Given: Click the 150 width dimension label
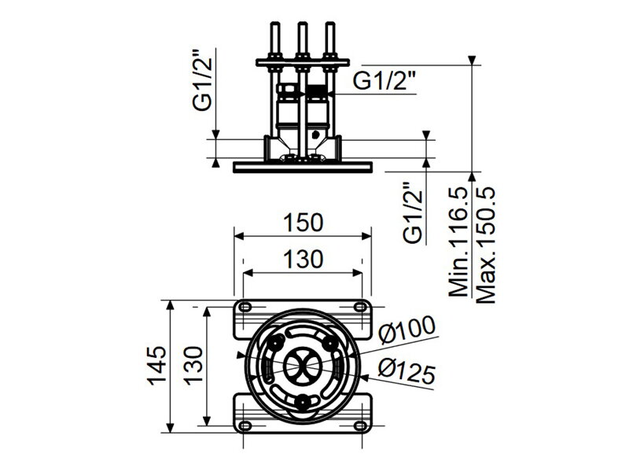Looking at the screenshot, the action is pos(303,223).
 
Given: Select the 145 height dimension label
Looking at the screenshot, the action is pos(156,365).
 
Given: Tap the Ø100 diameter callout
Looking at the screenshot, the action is pos(407,330).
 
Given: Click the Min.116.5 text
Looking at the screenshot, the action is pos(458,242).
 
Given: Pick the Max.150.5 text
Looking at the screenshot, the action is pos(486,245).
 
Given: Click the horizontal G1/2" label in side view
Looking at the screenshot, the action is pos(384,82).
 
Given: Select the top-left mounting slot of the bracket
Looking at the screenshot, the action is pos(245,308).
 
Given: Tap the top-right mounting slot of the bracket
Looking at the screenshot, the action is pos(360,308).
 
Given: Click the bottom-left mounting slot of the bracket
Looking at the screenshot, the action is pos(245,426).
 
